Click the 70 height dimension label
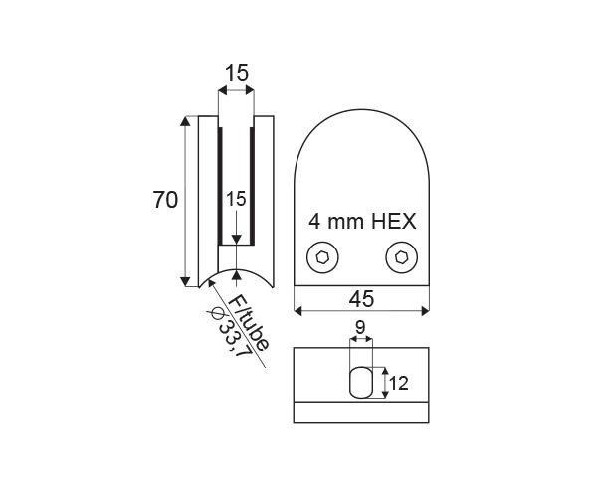click(165, 200)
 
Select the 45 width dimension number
click(361, 299)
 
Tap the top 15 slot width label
click(237, 73)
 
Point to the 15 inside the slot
click(236, 199)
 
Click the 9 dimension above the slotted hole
click(360, 327)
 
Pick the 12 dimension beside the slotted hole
click(399, 384)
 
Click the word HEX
click(394, 221)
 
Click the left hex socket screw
click(322, 257)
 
